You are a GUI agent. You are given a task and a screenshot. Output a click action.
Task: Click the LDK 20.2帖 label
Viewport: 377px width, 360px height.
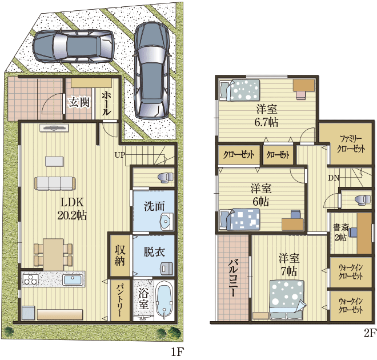click(x=72, y=209)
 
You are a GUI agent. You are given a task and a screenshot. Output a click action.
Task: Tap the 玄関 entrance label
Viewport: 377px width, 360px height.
click(x=79, y=102)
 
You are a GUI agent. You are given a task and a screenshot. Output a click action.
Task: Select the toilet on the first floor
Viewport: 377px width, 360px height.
click(x=166, y=177)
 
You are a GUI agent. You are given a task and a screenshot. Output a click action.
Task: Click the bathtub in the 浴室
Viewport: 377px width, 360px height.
click(x=165, y=301)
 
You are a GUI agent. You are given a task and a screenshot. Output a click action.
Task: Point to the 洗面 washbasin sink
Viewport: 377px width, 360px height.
click(x=167, y=220)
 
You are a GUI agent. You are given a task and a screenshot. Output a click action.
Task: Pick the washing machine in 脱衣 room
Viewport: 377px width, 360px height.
click(x=167, y=269)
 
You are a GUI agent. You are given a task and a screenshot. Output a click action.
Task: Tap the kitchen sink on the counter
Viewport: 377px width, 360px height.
click(x=73, y=280)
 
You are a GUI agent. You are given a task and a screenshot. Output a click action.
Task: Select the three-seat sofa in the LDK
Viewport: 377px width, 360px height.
click(x=55, y=183)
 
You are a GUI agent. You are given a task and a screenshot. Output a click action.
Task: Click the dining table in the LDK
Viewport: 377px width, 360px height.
click(x=53, y=254)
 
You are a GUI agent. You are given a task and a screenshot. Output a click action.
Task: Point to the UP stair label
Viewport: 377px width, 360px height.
click(x=120, y=155)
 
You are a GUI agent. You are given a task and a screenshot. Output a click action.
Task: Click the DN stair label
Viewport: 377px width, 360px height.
click(x=334, y=178)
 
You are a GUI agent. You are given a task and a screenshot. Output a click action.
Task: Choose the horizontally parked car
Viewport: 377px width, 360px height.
click(x=73, y=46)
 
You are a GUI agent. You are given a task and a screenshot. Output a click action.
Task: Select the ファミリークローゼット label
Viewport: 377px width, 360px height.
click(x=351, y=144)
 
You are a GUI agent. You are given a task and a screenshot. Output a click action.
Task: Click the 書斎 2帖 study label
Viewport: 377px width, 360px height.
click(x=340, y=233)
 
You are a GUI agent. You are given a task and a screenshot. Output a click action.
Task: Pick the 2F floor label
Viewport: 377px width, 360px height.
click(x=370, y=333)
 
